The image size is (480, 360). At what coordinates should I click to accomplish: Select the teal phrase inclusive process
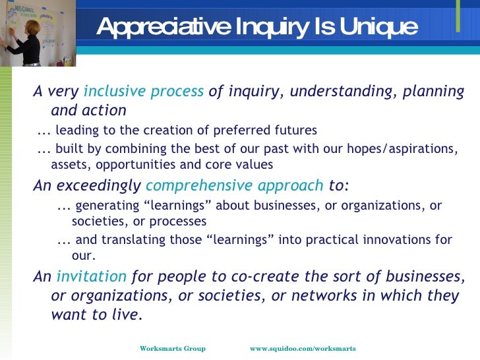(x=144, y=92)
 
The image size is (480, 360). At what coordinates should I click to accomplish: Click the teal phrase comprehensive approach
(x=235, y=185)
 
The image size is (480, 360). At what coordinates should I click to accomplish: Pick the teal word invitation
(x=91, y=276)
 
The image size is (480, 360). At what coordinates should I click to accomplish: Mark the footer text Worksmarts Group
(x=173, y=348)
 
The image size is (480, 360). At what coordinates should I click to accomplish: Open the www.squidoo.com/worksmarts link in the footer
(x=303, y=348)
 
